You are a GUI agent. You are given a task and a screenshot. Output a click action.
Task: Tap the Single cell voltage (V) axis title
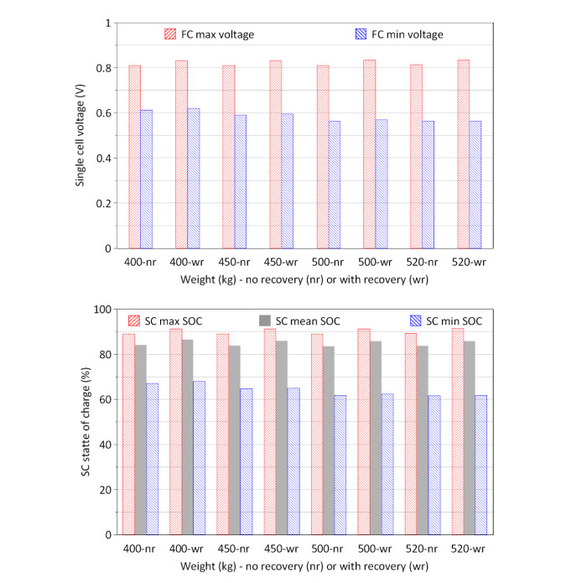(81, 136)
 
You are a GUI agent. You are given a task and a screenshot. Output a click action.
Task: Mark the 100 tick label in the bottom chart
(101, 310)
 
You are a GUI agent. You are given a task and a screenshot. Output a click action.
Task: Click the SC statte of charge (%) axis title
(86, 422)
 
